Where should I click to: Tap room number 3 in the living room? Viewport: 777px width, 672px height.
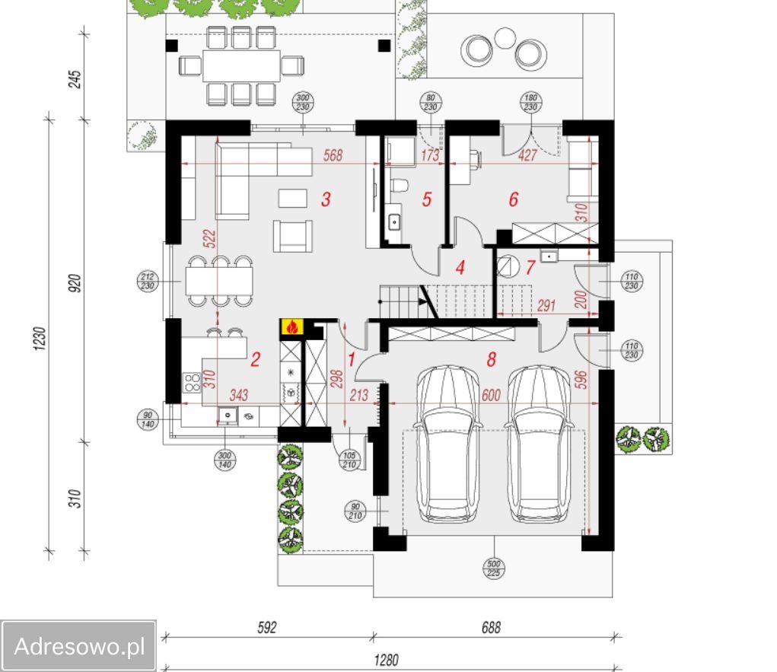point(326,200)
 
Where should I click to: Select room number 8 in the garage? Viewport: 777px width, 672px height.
point(491,359)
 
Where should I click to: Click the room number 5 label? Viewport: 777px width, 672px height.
point(426,200)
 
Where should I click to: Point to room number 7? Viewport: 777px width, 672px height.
point(530,268)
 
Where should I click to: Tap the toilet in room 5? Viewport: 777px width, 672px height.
point(400,183)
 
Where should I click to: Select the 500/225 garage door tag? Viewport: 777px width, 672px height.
point(494,568)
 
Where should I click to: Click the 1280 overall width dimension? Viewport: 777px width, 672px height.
point(387,660)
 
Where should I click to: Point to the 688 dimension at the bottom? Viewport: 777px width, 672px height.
point(491,628)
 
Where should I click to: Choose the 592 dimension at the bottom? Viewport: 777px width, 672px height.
point(266,628)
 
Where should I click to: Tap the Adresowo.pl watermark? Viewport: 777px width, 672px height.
point(79,647)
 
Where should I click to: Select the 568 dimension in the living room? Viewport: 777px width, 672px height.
point(333,155)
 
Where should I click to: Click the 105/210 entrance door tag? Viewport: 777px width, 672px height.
point(349,460)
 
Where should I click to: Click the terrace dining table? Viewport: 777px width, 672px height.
point(241,66)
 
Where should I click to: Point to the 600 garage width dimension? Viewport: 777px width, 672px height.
point(492,395)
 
